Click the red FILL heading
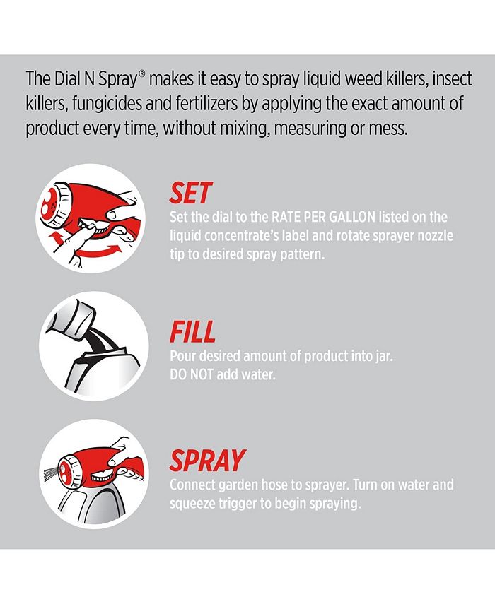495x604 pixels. [192, 331]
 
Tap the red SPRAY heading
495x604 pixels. [207, 461]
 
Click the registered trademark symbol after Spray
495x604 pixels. [142, 73]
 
